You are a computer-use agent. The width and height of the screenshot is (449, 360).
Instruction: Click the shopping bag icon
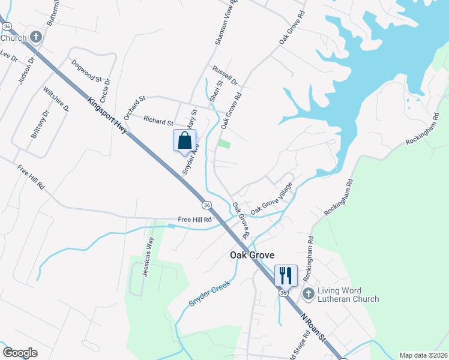tap(185, 141)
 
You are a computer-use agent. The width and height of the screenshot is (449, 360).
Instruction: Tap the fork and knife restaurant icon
tap(285, 276)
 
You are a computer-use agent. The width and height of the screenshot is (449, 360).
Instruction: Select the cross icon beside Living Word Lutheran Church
tap(309, 294)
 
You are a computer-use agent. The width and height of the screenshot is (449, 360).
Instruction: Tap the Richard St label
tap(158, 121)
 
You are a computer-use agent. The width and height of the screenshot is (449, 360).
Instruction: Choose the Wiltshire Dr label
tap(56, 100)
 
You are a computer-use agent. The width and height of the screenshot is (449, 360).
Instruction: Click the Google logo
tap(20, 352)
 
